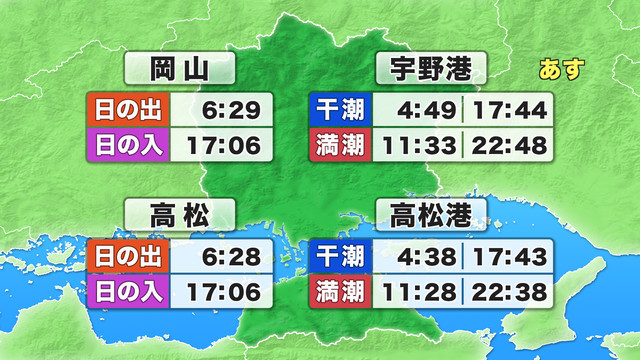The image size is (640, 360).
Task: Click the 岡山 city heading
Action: point(180,70)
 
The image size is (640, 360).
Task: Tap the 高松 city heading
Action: point(180,214)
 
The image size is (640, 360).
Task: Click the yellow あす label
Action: point(560,70)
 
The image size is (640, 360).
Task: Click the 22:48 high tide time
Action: point(510,146)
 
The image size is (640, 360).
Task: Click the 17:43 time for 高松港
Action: point(510,255)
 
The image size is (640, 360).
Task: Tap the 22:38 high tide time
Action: point(510,293)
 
